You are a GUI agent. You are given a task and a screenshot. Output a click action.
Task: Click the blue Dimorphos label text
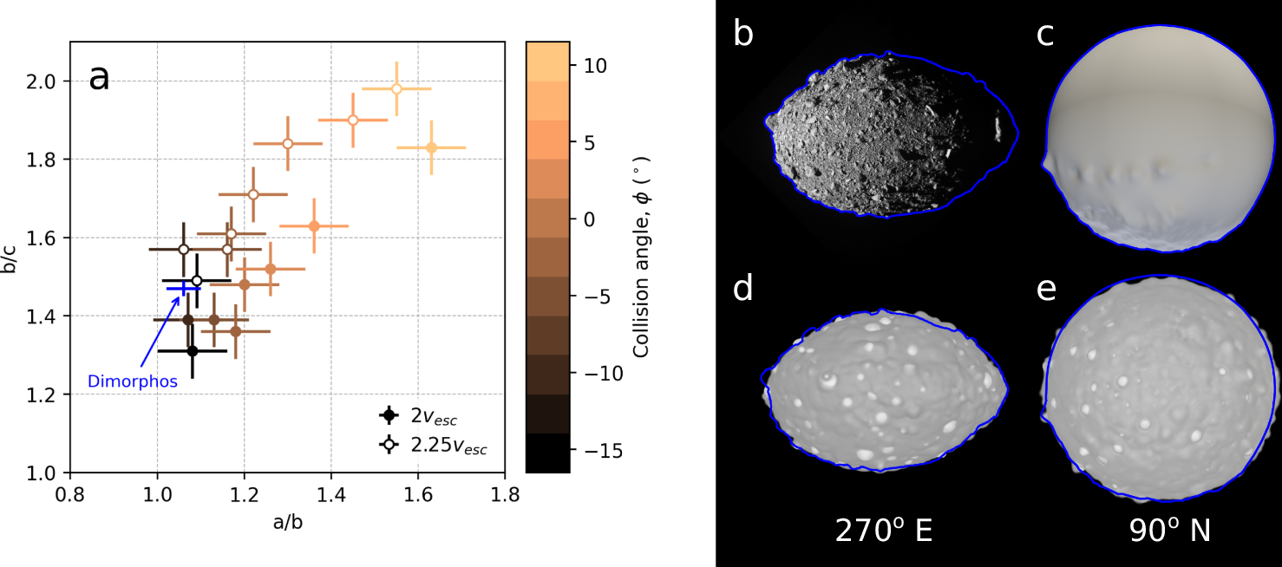click(133, 381)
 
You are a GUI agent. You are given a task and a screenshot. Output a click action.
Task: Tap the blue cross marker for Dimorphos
click(183, 288)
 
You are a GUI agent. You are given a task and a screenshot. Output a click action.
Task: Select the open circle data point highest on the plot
click(396, 89)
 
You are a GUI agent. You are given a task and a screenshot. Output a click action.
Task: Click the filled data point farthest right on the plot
click(431, 147)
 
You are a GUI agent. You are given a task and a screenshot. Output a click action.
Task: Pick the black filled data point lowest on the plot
click(193, 350)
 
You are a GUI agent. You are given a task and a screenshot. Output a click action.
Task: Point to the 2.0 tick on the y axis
click(49, 81)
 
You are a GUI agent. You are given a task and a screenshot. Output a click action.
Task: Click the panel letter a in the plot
click(99, 78)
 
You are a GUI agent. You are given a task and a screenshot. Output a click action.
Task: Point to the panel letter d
click(744, 289)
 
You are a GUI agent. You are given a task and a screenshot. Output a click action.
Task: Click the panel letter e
click(1047, 289)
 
